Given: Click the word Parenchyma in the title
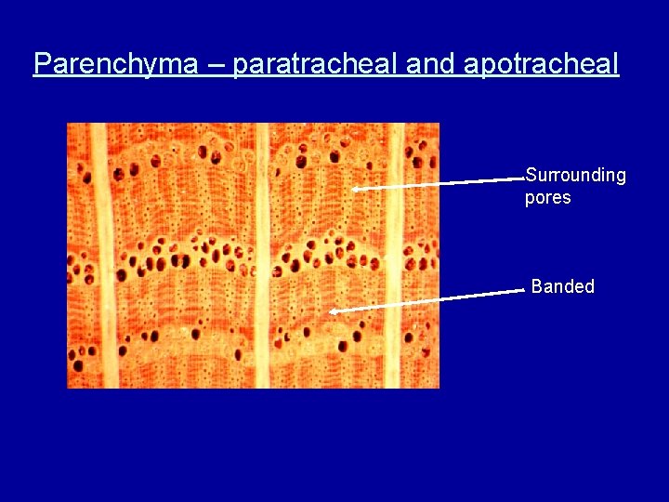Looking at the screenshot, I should [115, 64].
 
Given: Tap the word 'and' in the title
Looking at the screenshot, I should [431, 64].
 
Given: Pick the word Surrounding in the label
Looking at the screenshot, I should [575, 176].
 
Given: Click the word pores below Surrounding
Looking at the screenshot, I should [548, 198].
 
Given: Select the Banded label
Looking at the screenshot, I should [563, 286].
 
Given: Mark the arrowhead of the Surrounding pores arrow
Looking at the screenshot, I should [355, 189].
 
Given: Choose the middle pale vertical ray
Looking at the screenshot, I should [264, 256].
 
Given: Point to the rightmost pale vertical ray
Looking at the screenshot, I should [395, 256].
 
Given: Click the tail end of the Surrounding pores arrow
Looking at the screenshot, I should [524, 179].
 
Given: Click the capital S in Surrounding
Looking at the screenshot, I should [531, 175].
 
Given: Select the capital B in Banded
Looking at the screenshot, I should [537, 286].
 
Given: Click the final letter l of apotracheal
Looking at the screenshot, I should [615, 63].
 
